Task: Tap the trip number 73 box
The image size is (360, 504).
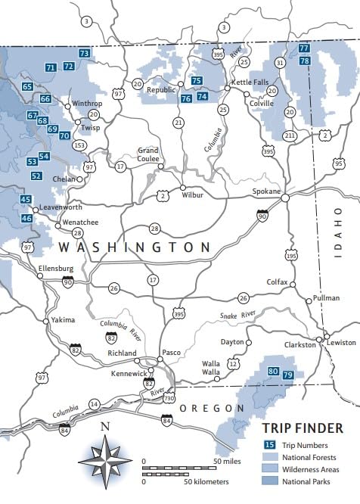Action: coord(84,54)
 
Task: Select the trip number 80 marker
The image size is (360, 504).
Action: coord(273,371)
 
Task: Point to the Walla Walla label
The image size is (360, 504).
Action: coord(211,369)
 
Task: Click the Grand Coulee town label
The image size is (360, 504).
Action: coord(147,155)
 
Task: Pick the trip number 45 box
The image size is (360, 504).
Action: coord(26,200)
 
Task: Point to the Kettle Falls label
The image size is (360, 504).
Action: coord(250,82)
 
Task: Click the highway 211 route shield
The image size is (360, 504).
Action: coord(290,135)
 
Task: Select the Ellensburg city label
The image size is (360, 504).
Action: coord(56,269)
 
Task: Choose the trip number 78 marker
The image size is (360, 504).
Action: coord(304,61)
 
